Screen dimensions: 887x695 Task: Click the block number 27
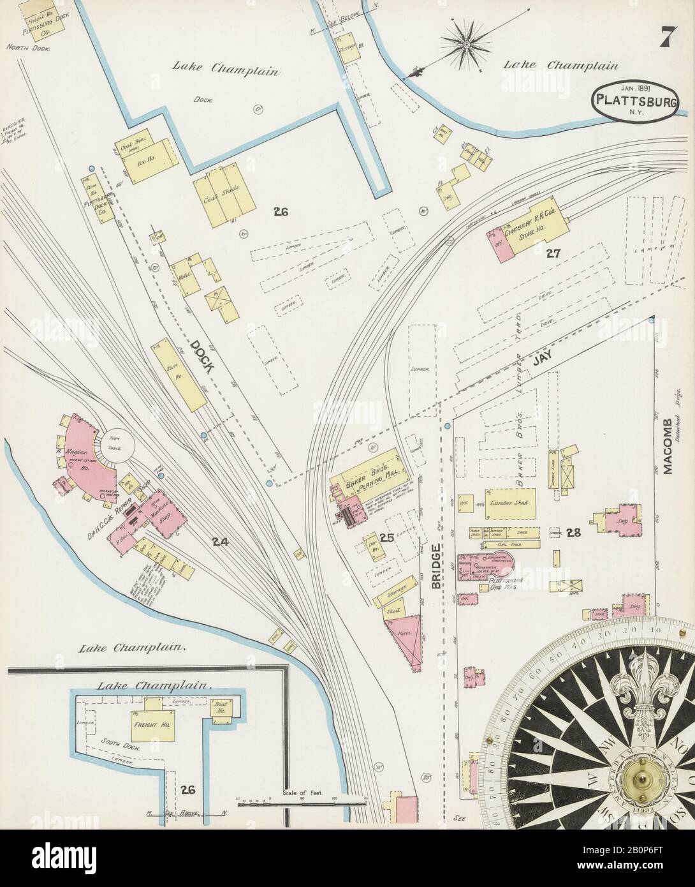(552, 253)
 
